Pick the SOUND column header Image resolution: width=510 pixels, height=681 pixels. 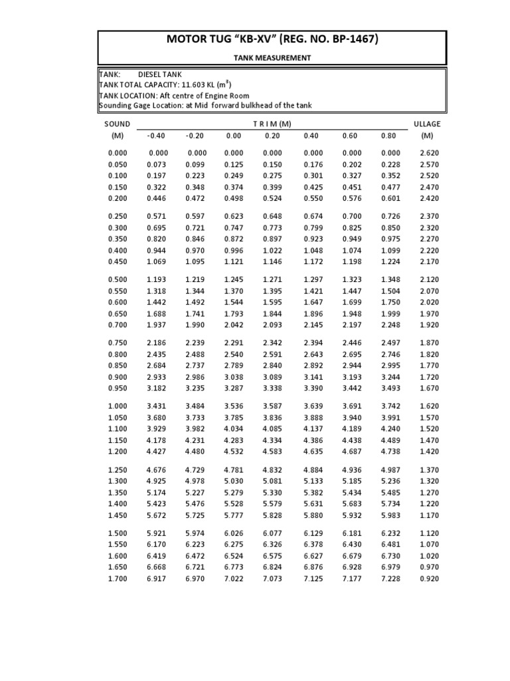tap(117, 124)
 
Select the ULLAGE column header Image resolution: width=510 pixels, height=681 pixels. tap(426, 124)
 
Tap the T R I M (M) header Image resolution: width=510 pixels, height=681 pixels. tap(272, 124)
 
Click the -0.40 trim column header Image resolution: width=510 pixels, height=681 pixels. tap(155, 136)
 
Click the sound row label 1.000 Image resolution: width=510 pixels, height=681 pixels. tap(117, 406)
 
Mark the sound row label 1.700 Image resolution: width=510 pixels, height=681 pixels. tap(117, 579)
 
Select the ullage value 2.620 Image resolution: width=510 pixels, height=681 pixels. tap(426, 153)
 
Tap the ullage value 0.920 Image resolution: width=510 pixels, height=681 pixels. tap(426, 579)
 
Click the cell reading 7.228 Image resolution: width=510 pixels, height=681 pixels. tap(390, 579)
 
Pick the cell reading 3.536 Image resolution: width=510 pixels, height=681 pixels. tap(234, 406)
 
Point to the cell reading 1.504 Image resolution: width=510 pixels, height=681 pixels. tap(390, 291)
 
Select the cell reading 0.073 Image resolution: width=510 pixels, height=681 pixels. tap(156, 164)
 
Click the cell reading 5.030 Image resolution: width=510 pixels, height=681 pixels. tap(234, 481)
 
